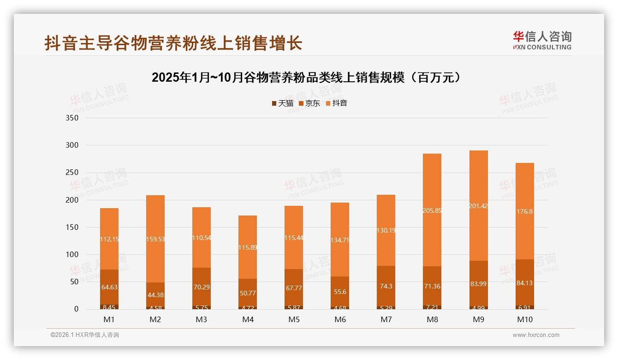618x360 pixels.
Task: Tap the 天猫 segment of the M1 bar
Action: (x=109, y=306)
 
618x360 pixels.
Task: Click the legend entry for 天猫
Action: (x=282, y=103)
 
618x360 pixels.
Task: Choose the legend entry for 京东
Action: (x=309, y=103)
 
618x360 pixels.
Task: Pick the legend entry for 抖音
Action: (x=336, y=103)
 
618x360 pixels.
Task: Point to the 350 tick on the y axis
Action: (x=73, y=118)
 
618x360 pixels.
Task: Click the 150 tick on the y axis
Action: (x=73, y=227)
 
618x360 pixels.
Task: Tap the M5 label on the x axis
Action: (x=294, y=319)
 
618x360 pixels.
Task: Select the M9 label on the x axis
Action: (x=479, y=319)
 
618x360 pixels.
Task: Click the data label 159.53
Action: (x=155, y=239)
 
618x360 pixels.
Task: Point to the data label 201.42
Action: (x=479, y=206)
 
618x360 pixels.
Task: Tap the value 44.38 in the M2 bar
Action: (x=155, y=295)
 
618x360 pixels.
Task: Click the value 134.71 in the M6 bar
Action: (x=340, y=240)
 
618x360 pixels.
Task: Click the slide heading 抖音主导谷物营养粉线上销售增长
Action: (x=173, y=43)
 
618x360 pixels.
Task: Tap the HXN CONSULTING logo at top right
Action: (x=542, y=41)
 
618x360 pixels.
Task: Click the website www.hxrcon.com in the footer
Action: (x=536, y=335)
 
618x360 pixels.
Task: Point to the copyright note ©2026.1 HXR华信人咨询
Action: (x=85, y=335)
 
